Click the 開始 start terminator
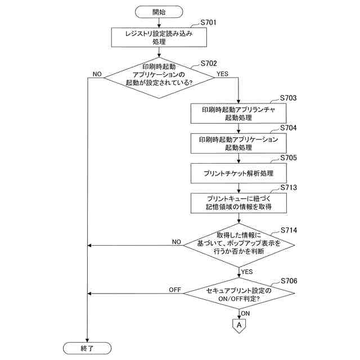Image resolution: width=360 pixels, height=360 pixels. click(x=159, y=12)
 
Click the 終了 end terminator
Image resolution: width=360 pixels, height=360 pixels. click(x=87, y=348)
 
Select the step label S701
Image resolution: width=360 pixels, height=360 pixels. click(x=208, y=22)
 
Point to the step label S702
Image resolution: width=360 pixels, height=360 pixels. click(x=209, y=64)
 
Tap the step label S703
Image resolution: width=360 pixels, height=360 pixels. click(x=288, y=98)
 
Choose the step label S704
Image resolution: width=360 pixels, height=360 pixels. click(x=289, y=128)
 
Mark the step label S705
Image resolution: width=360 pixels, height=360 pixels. click(x=289, y=157)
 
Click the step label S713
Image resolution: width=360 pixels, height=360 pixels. click(x=289, y=187)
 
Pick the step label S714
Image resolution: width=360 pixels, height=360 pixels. click(x=289, y=230)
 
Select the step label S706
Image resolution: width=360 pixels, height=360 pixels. click(x=289, y=281)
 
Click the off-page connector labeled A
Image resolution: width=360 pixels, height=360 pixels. click(x=239, y=326)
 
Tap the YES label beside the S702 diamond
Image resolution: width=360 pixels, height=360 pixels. click(x=223, y=74)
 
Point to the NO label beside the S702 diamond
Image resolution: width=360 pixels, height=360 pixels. click(x=97, y=74)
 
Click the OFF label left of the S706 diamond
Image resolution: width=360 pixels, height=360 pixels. click(x=175, y=290)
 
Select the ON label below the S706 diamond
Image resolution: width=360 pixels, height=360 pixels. click(x=245, y=313)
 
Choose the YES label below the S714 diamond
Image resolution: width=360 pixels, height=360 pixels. click(x=247, y=272)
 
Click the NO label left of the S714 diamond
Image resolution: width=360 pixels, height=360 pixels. click(x=176, y=242)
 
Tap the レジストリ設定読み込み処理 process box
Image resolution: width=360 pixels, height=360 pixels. click(x=159, y=38)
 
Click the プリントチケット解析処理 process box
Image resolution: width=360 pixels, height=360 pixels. click(x=238, y=173)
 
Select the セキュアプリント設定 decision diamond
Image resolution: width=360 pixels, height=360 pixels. click(x=239, y=294)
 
